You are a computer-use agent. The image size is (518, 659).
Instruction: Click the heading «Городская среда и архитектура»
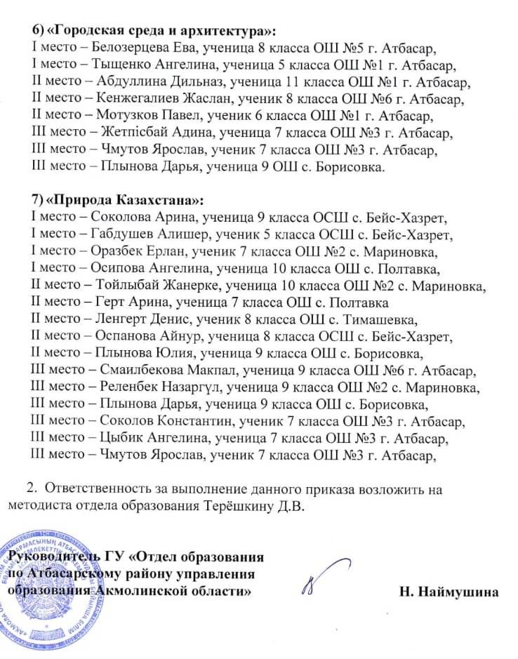(x=161, y=32)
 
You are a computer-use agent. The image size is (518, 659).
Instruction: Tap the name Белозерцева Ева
(x=133, y=48)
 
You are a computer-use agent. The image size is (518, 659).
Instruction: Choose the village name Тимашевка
(x=371, y=318)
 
